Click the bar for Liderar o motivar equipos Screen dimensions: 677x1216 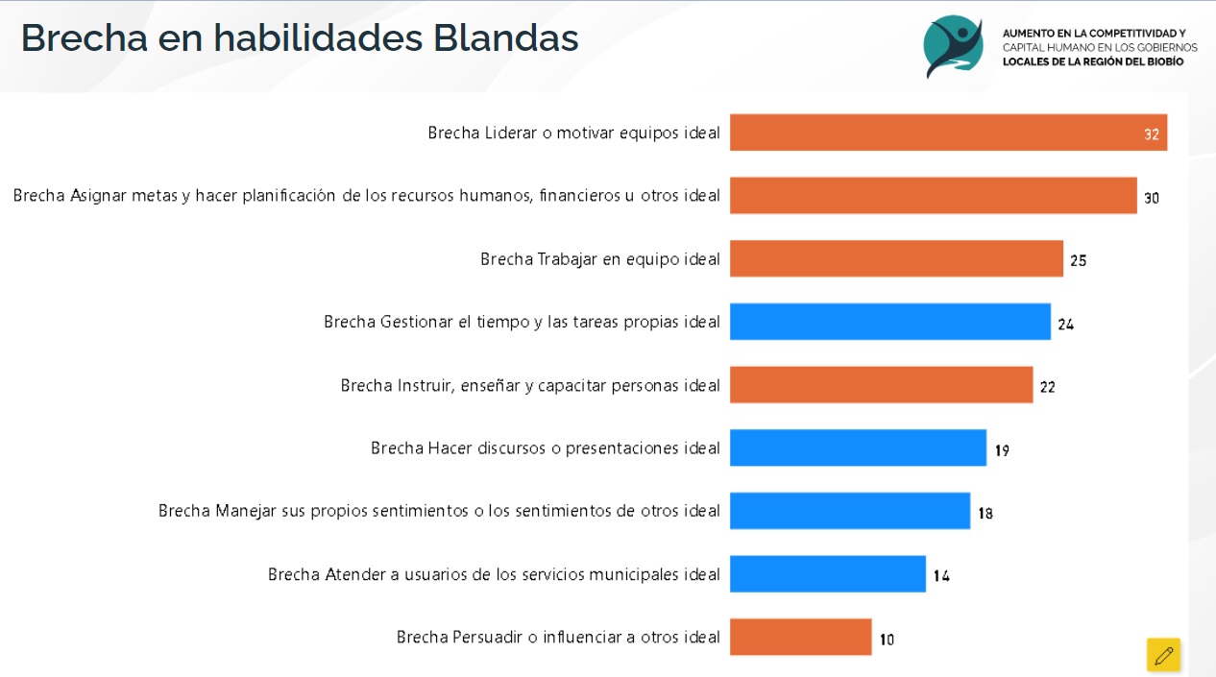(948, 133)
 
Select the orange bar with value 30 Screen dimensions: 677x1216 (933, 196)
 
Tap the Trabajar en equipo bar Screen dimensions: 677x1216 (896, 259)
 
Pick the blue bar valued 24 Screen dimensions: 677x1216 (889, 322)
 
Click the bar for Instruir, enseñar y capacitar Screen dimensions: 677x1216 (881, 385)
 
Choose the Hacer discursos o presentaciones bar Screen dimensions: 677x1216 (858, 447)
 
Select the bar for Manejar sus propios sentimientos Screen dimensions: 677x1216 (849, 511)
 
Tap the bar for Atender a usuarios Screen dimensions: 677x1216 (827, 574)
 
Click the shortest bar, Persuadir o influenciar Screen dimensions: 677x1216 (800, 637)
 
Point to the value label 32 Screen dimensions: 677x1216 (1152, 134)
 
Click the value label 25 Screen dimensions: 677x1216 (1078, 260)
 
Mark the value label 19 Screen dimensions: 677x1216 (1002, 449)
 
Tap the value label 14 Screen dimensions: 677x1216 (941, 576)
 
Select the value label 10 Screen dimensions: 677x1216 (887, 639)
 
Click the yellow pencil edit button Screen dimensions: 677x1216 (1164, 655)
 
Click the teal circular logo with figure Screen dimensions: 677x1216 (954, 45)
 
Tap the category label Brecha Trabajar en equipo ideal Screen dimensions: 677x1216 (600, 259)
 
